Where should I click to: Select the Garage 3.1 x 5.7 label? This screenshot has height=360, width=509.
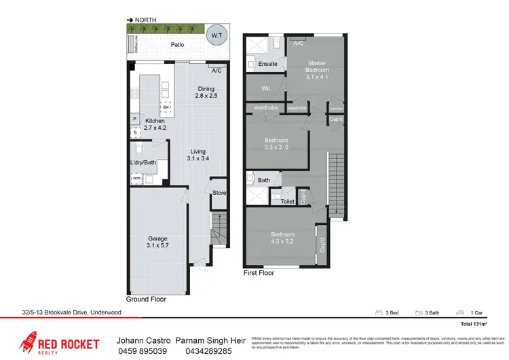click(158, 242)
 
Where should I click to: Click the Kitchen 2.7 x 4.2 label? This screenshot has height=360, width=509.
click(155, 124)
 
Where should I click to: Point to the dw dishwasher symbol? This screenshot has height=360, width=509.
click(165, 107)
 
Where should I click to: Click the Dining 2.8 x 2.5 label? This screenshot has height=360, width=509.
click(206, 92)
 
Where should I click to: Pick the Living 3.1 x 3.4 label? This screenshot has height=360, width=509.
click(197, 156)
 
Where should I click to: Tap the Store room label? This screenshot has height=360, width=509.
click(219, 193)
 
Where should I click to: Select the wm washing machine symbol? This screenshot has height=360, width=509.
click(137, 178)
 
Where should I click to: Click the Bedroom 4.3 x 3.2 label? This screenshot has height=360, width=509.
click(282, 238)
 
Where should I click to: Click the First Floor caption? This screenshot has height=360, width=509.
click(259, 273)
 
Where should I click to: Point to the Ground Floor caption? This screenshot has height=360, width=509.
click(146, 299)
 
